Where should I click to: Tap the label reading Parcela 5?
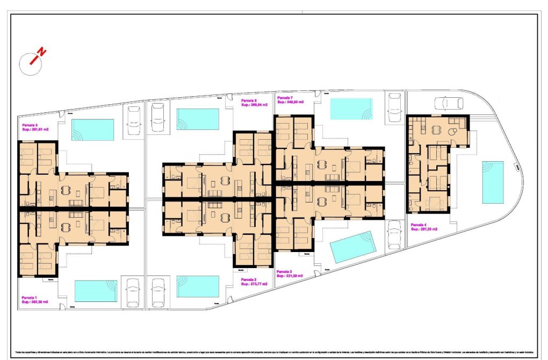coord(30,125)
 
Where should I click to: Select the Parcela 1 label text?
coord(30,297)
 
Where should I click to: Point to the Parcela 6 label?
coord(249,100)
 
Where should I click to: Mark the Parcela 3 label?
coord(285,272)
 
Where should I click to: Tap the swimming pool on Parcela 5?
coord(92,129)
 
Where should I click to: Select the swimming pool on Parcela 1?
coord(96,291)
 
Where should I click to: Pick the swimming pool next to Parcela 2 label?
coord(198,286)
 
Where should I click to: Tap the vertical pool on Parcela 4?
coord(493,182)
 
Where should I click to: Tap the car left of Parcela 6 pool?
coord(157,116)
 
